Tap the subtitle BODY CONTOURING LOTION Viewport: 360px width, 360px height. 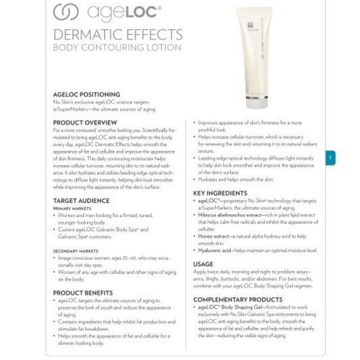(117, 47)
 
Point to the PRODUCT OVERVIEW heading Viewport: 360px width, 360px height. (85, 122)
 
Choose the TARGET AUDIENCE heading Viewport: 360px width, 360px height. (81, 200)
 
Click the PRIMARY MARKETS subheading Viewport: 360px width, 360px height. (70, 209)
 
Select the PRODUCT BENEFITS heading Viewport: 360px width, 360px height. (83, 292)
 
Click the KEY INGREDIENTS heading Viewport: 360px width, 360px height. (220, 193)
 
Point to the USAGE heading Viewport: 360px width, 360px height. (203, 263)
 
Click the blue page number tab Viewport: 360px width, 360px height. (331, 158)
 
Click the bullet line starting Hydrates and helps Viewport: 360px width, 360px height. (236, 179)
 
